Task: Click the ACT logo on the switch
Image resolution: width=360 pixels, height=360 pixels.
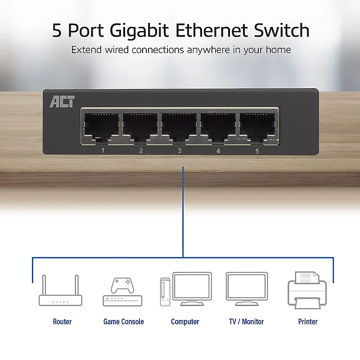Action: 62,102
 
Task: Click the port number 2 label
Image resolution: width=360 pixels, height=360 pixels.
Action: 141,151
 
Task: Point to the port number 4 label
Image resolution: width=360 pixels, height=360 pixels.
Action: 218,151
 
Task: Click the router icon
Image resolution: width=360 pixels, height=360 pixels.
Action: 60,290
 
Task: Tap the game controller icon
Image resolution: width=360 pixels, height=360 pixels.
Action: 122,285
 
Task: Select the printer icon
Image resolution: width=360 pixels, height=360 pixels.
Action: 307,290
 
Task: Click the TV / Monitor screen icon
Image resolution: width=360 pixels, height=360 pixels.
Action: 247,289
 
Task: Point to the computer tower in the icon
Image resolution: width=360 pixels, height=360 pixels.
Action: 165,292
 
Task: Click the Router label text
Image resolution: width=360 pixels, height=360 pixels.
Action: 62,322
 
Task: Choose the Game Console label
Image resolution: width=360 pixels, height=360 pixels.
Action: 123,322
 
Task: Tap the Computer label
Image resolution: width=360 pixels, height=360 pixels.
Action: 185,322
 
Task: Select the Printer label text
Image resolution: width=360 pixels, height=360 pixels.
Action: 308,322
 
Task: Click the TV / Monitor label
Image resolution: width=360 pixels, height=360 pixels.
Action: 246,322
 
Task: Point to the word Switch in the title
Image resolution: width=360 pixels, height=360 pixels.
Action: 282,30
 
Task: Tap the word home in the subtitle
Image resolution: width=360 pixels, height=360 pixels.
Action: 278,49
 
